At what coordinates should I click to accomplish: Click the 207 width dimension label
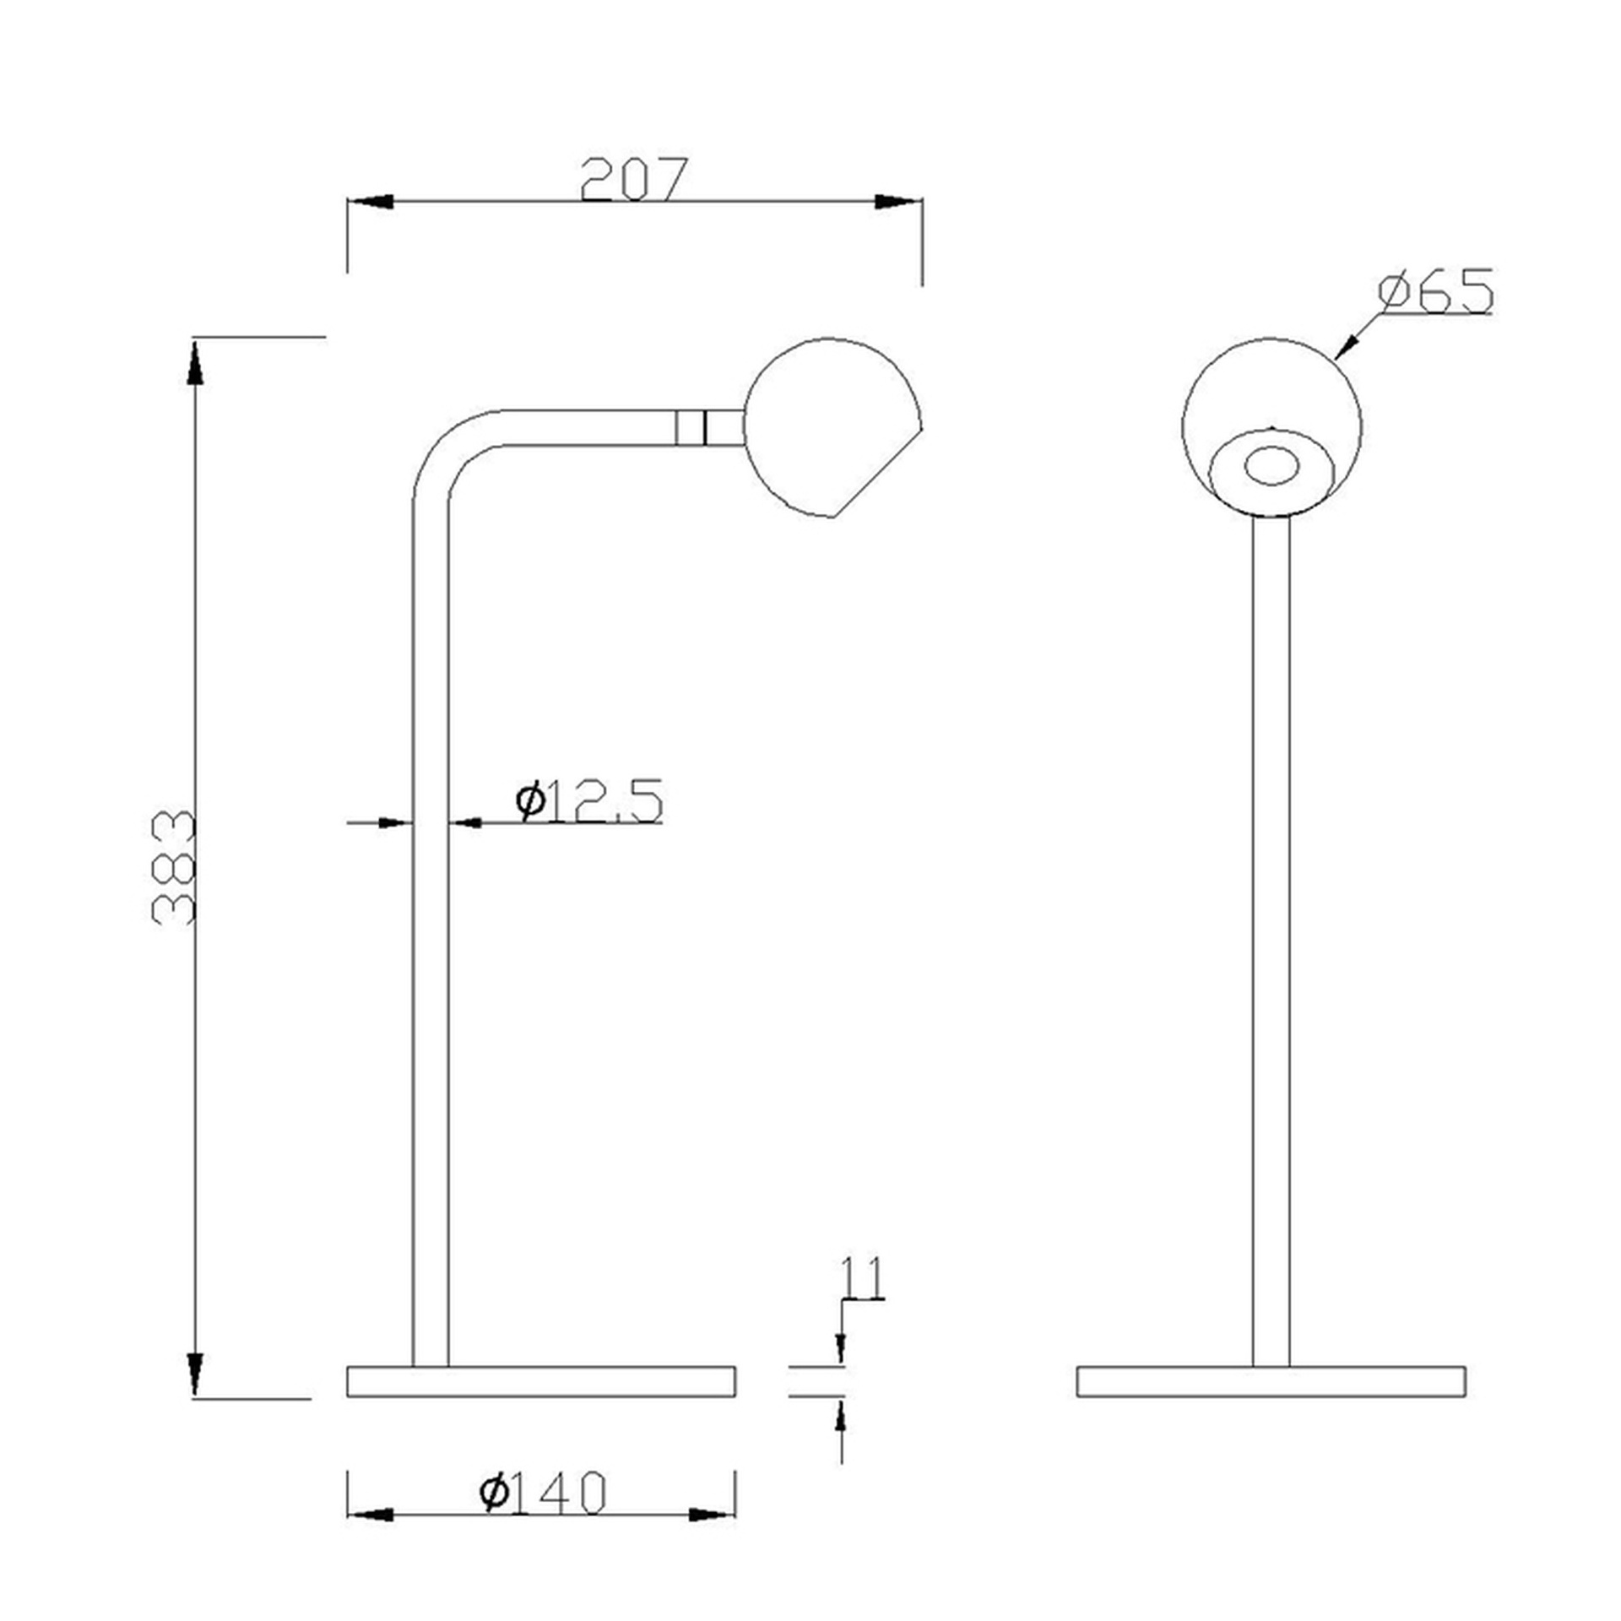click(635, 178)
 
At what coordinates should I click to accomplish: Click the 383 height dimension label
click(173, 867)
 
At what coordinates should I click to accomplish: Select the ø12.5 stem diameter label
click(589, 800)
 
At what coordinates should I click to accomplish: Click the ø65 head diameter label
click(1435, 292)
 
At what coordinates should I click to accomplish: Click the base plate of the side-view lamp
click(541, 1381)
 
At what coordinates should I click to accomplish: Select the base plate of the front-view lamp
click(1271, 1381)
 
